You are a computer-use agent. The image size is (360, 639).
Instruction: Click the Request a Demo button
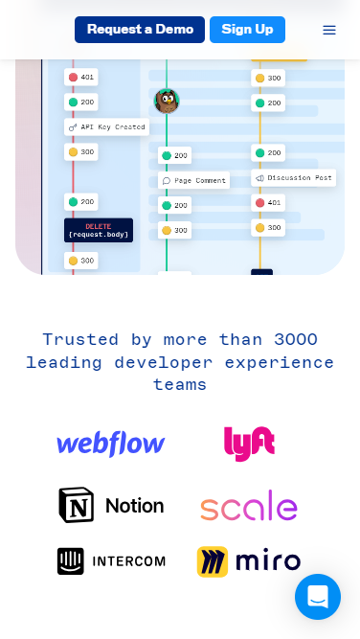point(140,30)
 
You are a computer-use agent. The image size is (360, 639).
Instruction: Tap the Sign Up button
point(247,30)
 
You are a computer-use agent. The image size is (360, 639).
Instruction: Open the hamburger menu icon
point(329,30)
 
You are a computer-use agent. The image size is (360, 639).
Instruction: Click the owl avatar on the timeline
point(167,101)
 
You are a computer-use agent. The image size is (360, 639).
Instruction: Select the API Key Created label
point(107,126)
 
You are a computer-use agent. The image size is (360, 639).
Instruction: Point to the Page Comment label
point(194,180)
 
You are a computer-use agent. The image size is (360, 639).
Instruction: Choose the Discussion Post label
point(294,177)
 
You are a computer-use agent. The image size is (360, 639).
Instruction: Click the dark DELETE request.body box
point(99,230)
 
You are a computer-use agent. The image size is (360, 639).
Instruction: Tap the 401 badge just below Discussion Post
point(268,202)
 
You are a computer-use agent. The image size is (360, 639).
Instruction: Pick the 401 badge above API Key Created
point(81,77)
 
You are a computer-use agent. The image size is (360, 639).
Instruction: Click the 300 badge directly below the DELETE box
point(81,261)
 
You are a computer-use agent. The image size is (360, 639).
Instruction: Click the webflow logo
point(111,444)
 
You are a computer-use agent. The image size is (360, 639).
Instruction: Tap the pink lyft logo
point(249,444)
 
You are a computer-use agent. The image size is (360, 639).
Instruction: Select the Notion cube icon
point(77,505)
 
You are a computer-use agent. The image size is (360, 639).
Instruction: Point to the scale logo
point(249,506)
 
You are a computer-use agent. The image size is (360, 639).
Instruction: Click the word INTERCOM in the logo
point(127,561)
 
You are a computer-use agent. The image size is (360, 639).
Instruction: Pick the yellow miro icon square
point(213,561)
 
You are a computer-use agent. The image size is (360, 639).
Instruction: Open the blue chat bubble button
point(318,597)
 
